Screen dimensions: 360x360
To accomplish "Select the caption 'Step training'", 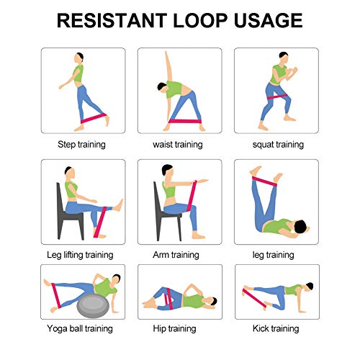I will pyautogui.click(x=81, y=144).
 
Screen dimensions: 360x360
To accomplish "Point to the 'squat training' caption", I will pyautogui.click(x=276, y=144).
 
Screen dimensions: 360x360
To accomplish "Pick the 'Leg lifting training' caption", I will pyautogui.click(x=81, y=255).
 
